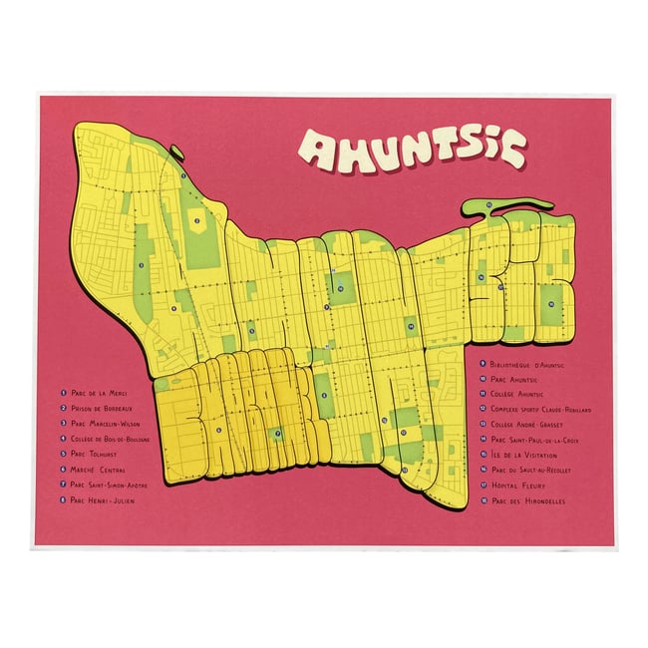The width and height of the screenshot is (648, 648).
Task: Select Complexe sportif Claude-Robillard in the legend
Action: point(544,409)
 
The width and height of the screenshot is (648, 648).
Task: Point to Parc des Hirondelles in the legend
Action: point(528,500)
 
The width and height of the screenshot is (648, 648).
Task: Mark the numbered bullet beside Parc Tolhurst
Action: point(62,454)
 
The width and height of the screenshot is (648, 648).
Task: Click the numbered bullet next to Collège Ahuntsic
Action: point(483,394)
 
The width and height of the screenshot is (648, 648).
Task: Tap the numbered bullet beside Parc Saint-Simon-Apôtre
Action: point(62,485)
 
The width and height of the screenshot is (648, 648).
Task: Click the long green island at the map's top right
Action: point(518,205)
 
